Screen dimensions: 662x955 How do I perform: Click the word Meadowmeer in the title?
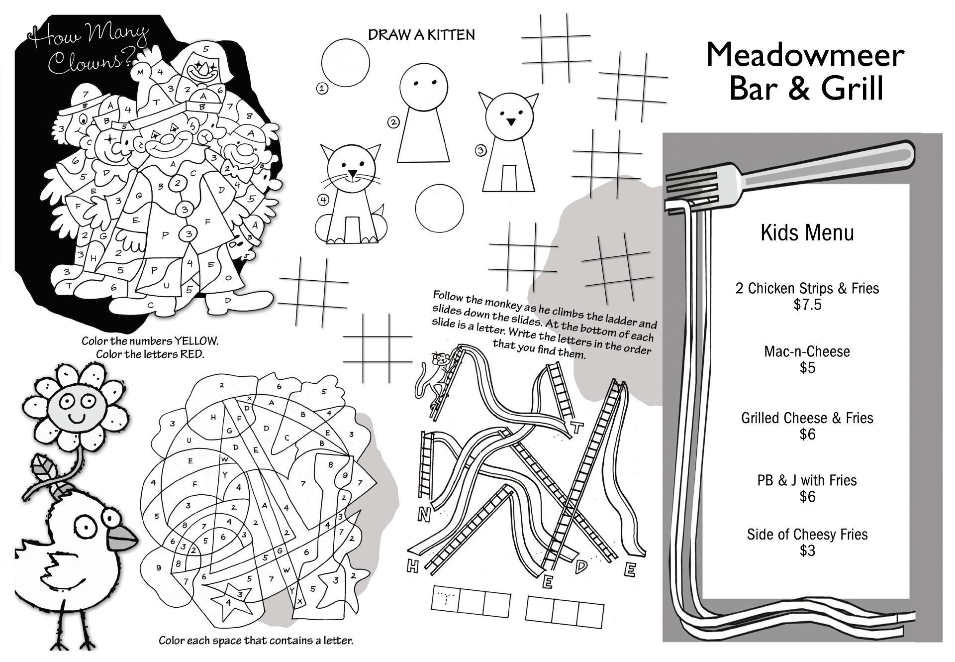[x=804, y=55]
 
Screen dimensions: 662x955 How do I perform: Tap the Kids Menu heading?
[x=807, y=233]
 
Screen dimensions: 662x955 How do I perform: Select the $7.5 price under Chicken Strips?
[x=807, y=305]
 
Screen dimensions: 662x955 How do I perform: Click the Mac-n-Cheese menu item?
[x=807, y=351]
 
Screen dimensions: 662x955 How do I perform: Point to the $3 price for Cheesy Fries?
[x=807, y=551]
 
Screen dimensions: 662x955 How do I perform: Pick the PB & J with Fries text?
[x=807, y=480]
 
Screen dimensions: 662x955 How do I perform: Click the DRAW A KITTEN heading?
[x=421, y=35]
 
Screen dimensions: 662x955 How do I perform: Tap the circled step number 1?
[x=322, y=89]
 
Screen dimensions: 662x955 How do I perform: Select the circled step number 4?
[x=323, y=200]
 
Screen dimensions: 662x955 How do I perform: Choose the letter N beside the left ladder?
[x=423, y=516]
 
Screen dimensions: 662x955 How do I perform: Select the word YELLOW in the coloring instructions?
[x=195, y=341]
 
